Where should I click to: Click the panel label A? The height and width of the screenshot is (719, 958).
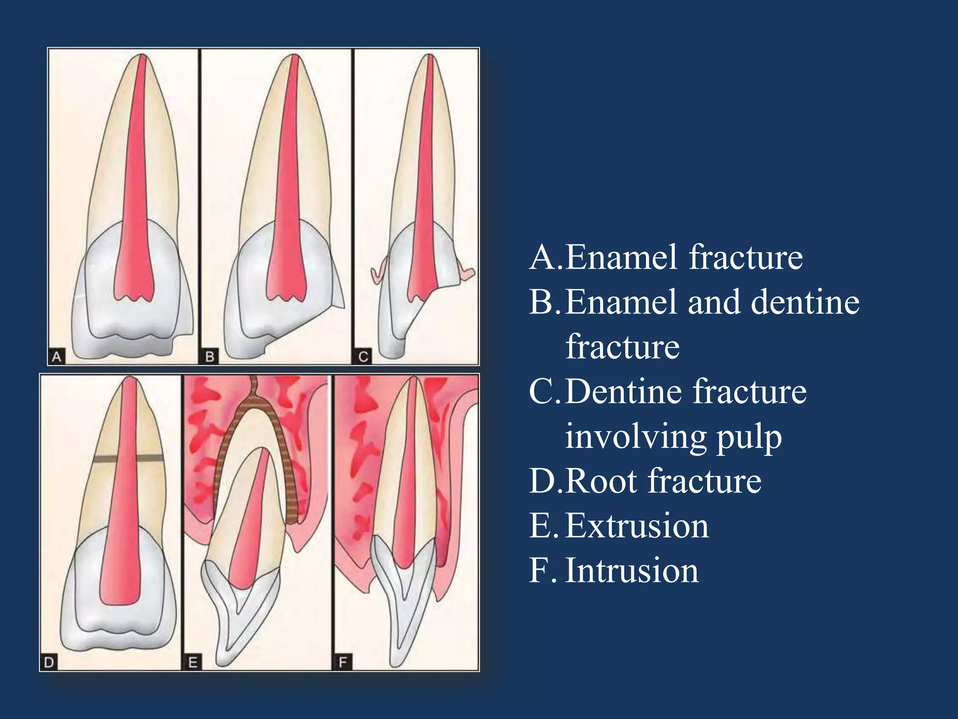57,357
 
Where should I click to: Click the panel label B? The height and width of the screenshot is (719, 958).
210,357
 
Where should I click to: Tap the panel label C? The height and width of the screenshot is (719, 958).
363,357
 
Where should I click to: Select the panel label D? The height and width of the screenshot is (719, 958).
49,662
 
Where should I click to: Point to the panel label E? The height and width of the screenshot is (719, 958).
193,662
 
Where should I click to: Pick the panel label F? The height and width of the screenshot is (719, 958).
343,662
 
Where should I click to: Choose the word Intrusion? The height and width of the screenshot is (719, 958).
631,571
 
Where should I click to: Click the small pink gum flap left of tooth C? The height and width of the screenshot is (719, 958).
378,275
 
